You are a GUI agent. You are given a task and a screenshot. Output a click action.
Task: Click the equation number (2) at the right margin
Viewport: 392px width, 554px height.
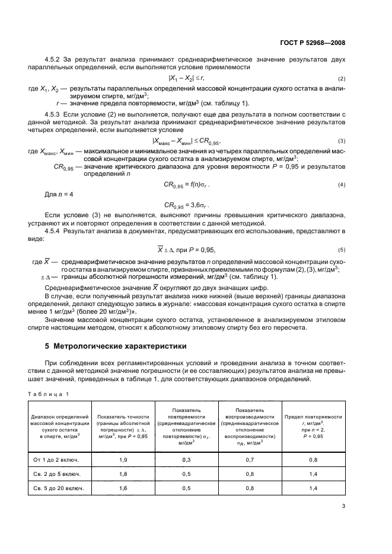point(342,79)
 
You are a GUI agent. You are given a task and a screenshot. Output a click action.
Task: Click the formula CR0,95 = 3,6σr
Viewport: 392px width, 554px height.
point(187,205)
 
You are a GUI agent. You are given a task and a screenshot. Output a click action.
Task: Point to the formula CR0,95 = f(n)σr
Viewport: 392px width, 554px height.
point(187,185)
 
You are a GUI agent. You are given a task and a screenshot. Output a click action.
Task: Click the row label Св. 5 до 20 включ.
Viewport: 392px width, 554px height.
point(58,488)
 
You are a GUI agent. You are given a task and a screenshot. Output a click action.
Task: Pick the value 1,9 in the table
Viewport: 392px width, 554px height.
point(124,459)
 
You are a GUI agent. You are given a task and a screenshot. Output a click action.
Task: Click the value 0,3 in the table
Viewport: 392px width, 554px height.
point(186,459)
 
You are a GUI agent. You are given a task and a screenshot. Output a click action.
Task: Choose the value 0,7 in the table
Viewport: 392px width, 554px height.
point(250,459)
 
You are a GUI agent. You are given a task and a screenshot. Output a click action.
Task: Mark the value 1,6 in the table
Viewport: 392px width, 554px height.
point(124,488)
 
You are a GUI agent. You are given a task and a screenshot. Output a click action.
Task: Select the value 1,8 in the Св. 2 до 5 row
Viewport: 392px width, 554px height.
point(124,474)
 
